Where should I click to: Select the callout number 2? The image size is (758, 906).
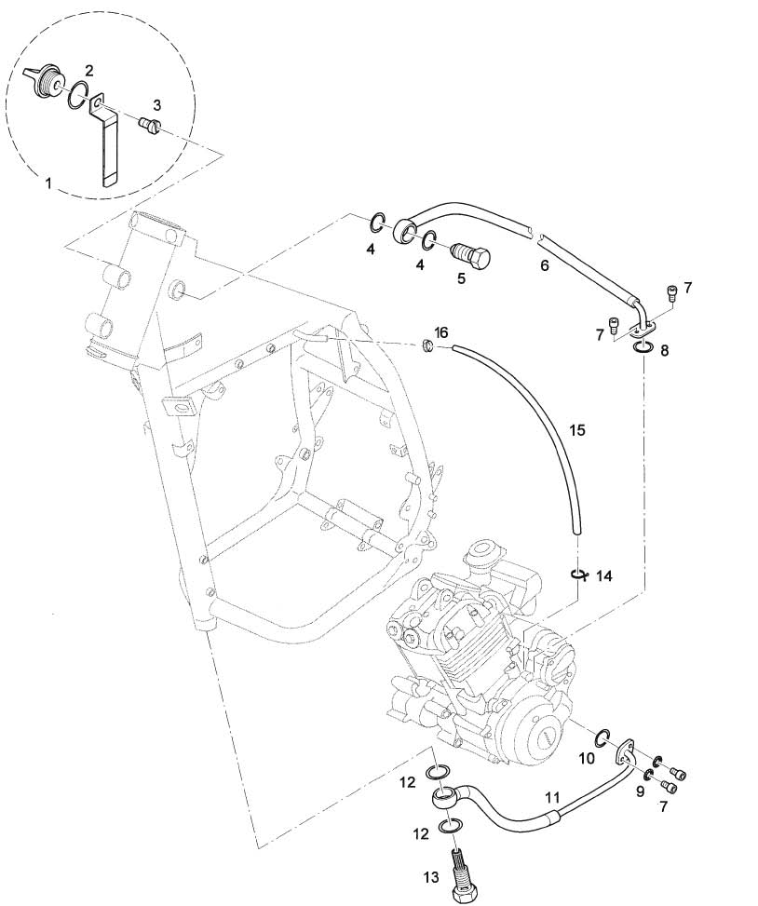coord(89,71)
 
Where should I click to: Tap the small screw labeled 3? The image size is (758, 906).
coord(148,125)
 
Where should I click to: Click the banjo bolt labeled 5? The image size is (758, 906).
coord(469,255)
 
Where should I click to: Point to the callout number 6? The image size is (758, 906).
coord(546,265)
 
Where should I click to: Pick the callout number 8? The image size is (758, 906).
coord(663,352)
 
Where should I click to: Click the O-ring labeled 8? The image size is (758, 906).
coord(642,347)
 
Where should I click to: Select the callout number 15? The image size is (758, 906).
coord(577,430)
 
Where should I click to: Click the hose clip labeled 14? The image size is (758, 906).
coord(578,575)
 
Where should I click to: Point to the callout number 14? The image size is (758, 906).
coord(604,577)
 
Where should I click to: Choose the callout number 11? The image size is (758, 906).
coord(553,798)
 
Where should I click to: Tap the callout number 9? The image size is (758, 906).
coord(640,791)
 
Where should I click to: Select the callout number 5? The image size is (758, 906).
coord(460,277)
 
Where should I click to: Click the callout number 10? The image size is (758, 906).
coord(587,759)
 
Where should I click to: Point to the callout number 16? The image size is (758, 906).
coord(441,332)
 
